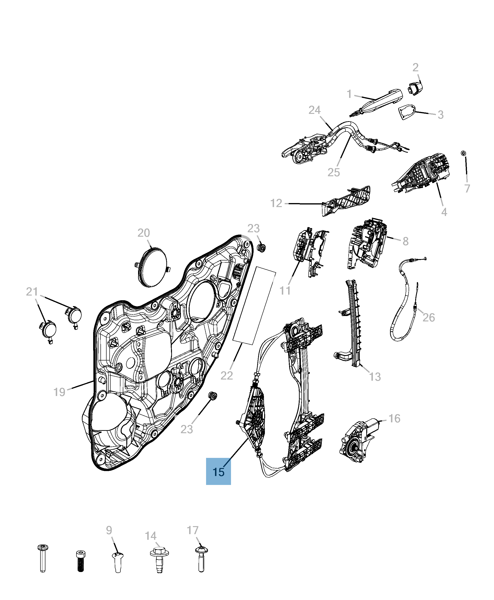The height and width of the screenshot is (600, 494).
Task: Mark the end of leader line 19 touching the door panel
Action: (93, 381)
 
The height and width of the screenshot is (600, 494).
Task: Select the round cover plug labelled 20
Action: (152, 267)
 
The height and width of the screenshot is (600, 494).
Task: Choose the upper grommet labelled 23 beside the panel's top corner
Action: (261, 248)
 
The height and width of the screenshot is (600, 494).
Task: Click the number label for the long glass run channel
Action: (375, 376)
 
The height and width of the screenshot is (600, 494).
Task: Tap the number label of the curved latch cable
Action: (429, 317)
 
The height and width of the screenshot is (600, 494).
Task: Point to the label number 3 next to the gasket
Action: (440, 115)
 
